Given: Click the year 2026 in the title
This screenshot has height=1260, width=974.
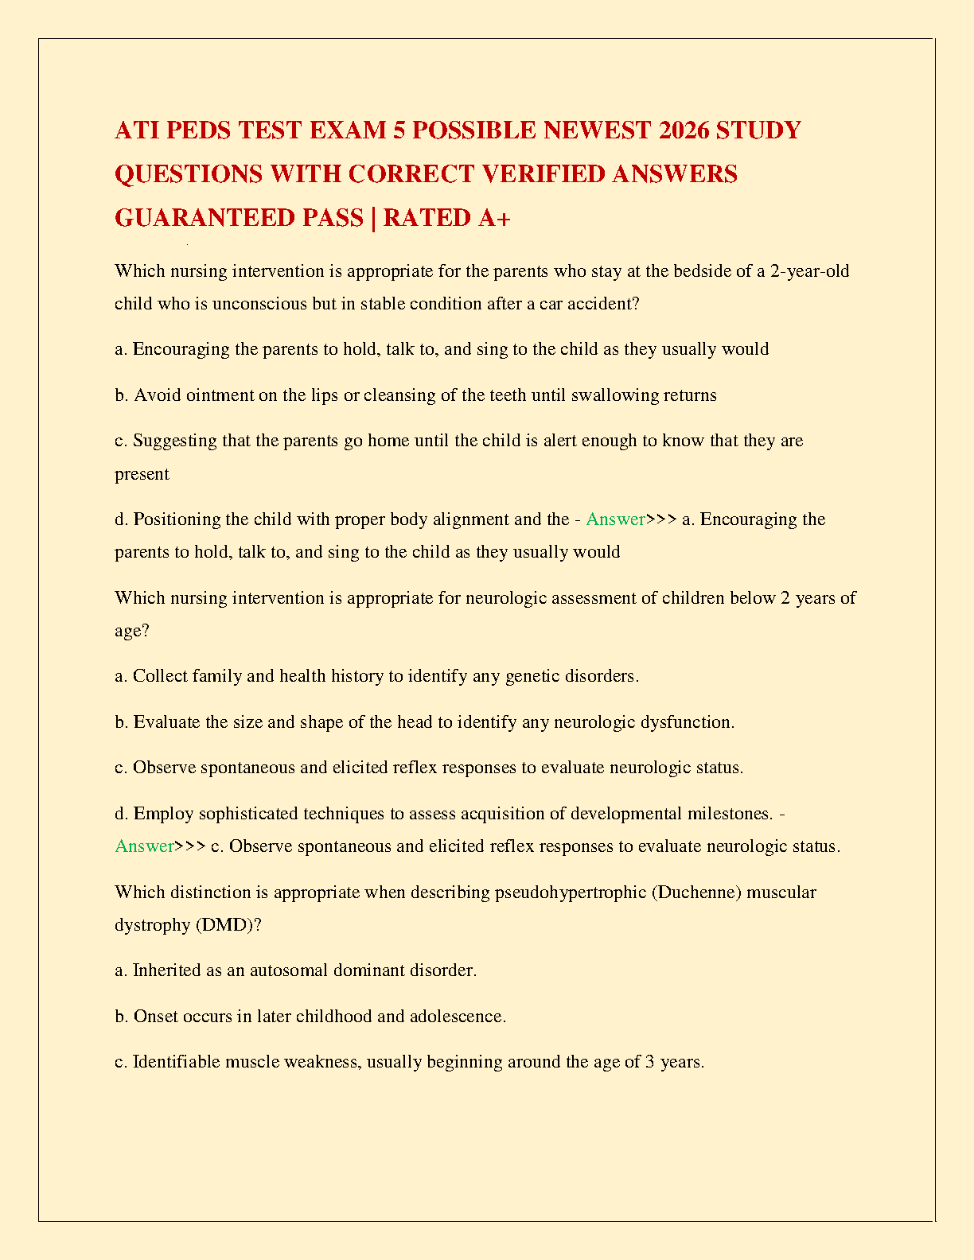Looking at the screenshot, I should click(x=684, y=130).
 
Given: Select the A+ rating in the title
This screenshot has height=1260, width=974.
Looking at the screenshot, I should click(x=494, y=217).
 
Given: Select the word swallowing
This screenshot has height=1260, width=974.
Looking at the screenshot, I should click(x=615, y=395).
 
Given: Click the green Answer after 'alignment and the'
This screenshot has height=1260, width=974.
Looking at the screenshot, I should click(x=615, y=519).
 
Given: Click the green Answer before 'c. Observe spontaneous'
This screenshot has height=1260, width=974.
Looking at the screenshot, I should click(x=144, y=846).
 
